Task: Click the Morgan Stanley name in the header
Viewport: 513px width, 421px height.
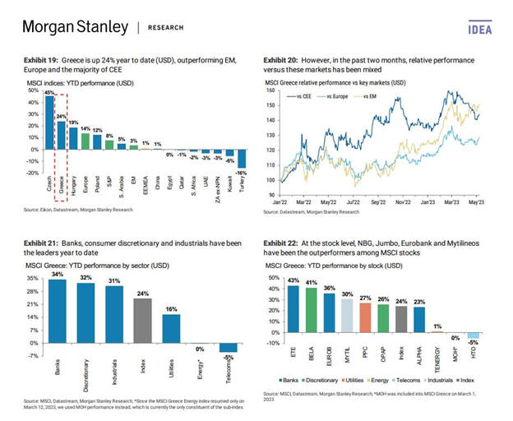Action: [76, 27]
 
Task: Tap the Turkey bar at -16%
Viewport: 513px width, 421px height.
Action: [243, 160]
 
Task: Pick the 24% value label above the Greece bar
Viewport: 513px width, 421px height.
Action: [61, 116]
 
